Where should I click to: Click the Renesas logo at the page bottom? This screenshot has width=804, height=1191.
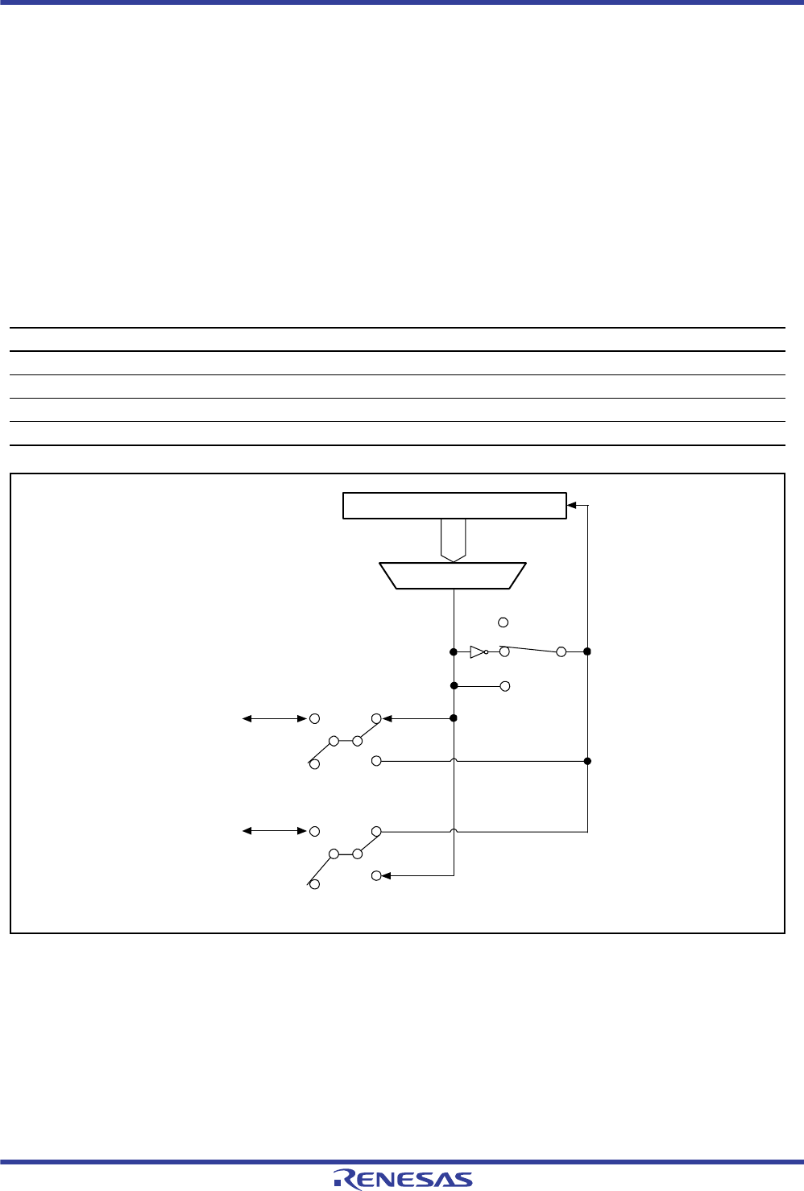pos(403,1179)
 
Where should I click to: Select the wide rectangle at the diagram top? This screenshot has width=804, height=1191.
pos(454,506)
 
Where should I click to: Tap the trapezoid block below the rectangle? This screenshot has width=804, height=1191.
pos(453,576)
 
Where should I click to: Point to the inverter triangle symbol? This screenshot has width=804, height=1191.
pos(478,651)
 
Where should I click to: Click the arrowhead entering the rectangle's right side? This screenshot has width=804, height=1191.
pos(572,506)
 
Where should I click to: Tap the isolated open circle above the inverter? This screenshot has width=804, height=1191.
pos(504,622)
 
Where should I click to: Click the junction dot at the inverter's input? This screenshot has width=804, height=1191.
pos(454,651)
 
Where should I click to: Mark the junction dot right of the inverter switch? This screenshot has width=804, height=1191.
pos(587,651)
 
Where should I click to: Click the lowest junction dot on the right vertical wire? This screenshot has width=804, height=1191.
pos(587,761)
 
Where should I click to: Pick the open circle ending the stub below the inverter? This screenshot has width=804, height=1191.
pos(505,686)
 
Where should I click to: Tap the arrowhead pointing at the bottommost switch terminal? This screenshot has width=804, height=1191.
pos(386,875)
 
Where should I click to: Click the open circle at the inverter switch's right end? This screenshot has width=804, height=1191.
pos(562,651)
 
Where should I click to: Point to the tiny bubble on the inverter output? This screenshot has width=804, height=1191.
pos(487,651)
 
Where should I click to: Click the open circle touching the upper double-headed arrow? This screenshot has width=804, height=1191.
pos(315,718)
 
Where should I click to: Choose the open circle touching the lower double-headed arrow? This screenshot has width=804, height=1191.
pos(315,831)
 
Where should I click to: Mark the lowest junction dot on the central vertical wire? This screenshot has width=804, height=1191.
pos(454,717)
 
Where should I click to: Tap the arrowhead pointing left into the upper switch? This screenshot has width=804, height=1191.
pos(387,718)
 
